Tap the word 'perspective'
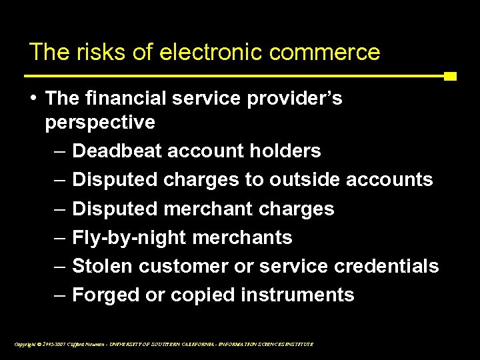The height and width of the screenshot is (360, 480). [101, 123]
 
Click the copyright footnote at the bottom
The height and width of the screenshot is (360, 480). [163, 344]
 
